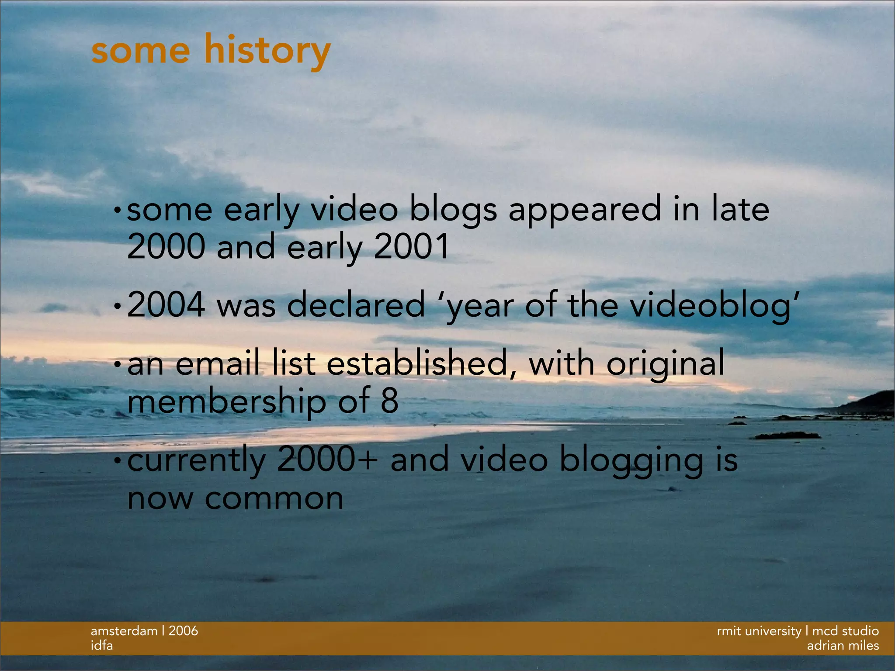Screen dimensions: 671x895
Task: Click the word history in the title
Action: pos(267,51)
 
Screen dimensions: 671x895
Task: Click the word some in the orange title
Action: pos(141,51)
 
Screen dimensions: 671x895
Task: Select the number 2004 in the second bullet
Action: pos(166,304)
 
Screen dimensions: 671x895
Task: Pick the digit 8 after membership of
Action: pos(389,401)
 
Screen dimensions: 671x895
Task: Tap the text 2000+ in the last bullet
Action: pos(327,460)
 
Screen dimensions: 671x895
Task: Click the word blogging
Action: pos(631,461)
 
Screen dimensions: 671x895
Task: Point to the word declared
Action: pos(356,304)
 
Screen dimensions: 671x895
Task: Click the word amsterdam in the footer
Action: pos(124,631)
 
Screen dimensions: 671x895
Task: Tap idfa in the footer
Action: pos(101,646)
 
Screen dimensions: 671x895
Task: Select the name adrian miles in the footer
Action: pos(843,646)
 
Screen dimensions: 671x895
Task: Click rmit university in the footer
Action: pos(759,631)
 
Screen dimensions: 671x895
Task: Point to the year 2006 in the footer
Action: pos(183,631)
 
